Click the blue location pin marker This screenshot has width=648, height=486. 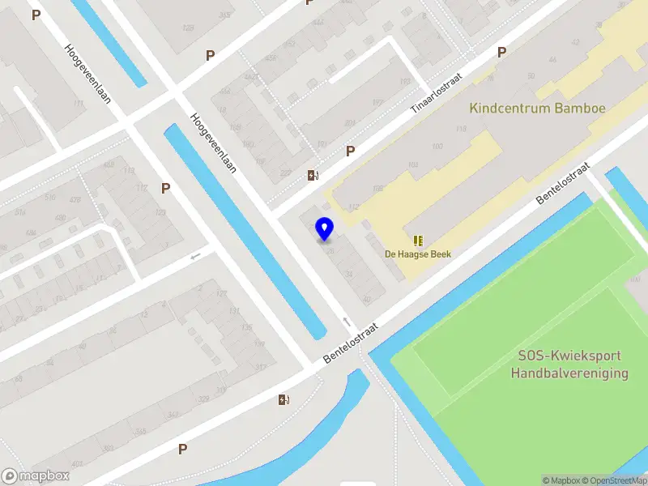point(325,228)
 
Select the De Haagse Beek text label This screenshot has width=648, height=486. point(418,254)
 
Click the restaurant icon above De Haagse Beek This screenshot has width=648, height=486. point(418,241)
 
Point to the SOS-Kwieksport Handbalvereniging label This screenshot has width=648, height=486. point(569,364)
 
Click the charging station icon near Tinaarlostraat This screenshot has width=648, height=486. point(313,175)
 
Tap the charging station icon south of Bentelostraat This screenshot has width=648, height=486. point(283,399)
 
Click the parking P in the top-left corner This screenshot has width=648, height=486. point(36,15)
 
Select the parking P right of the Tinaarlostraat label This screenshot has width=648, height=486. point(501,52)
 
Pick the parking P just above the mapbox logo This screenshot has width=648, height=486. point(183,449)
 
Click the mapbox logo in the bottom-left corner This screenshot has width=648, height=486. point(36,476)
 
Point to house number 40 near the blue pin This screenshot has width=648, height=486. point(367,299)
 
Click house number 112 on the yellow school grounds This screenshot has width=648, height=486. point(353,207)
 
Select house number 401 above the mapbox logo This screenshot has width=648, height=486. point(78,464)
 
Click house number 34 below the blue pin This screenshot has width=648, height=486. point(349,275)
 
